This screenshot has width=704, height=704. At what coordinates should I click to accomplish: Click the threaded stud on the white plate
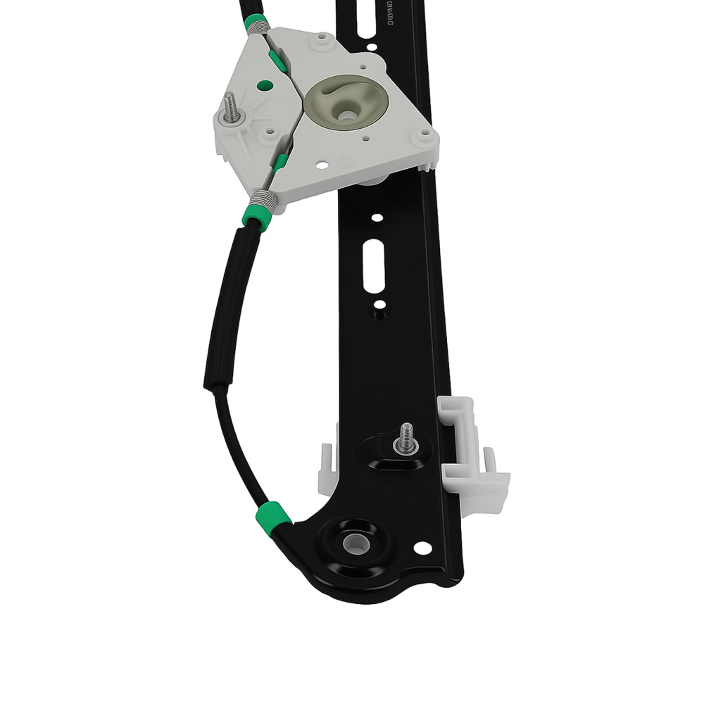click(x=230, y=108)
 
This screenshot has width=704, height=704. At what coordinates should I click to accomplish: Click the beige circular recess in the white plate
click(x=346, y=101)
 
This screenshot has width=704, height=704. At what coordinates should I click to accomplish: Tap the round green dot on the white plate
click(x=265, y=86)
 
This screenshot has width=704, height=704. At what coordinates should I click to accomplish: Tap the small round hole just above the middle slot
click(x=377, y=218)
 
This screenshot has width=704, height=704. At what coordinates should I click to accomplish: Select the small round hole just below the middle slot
click(x=379, y=306)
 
